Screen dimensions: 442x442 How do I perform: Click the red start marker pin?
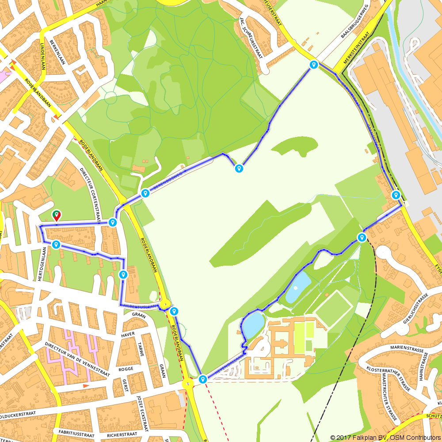pos(57,215)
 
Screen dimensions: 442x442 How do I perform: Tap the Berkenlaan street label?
pos(57,50)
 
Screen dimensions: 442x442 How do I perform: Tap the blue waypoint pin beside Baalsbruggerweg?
pos(314,65)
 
